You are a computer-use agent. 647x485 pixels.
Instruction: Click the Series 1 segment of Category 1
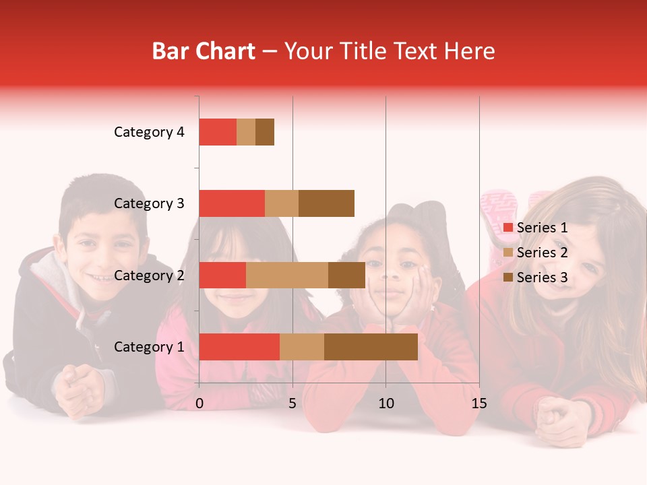[239, 347]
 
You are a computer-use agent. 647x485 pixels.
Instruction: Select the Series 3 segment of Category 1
[371, 347]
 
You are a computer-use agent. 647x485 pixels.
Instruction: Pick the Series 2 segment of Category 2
[287, 275]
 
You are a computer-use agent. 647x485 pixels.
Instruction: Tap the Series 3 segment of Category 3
[326, 203]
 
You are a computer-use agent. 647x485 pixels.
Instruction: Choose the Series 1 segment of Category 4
[218, 132]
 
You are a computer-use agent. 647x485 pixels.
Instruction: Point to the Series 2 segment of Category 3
[282, 203]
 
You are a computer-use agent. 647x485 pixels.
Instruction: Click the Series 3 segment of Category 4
[265, 132]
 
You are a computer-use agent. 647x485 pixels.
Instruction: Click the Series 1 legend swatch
[508, 228]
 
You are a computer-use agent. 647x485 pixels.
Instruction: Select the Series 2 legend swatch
[508, 253]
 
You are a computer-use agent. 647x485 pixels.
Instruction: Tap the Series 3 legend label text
[542, 278]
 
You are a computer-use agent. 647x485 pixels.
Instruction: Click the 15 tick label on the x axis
[479, 403]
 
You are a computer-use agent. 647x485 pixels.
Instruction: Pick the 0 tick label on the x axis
[199, 403]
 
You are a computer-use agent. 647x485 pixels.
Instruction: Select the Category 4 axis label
[149, 132]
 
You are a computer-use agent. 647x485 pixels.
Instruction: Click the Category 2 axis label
[149, 275]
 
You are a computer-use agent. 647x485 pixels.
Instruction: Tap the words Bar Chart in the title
[204, 51]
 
